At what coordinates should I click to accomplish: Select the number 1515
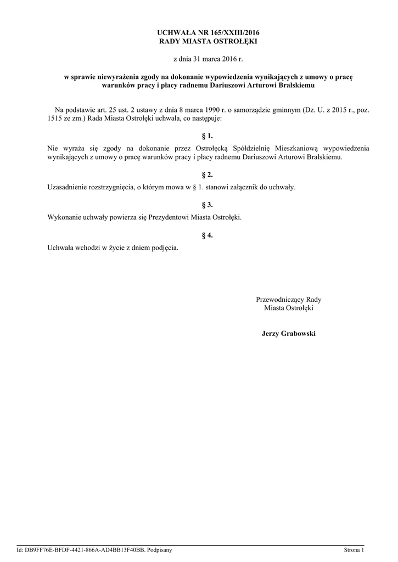point(57,119)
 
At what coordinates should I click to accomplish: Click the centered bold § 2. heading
point(207,175)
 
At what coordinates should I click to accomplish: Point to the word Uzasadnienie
point(69,188)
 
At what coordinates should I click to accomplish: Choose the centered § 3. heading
point(207,205)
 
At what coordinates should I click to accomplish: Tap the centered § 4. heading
point(207,235)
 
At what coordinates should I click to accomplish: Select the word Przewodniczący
point(279,300)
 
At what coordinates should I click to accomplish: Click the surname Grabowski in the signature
point(300,334)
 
